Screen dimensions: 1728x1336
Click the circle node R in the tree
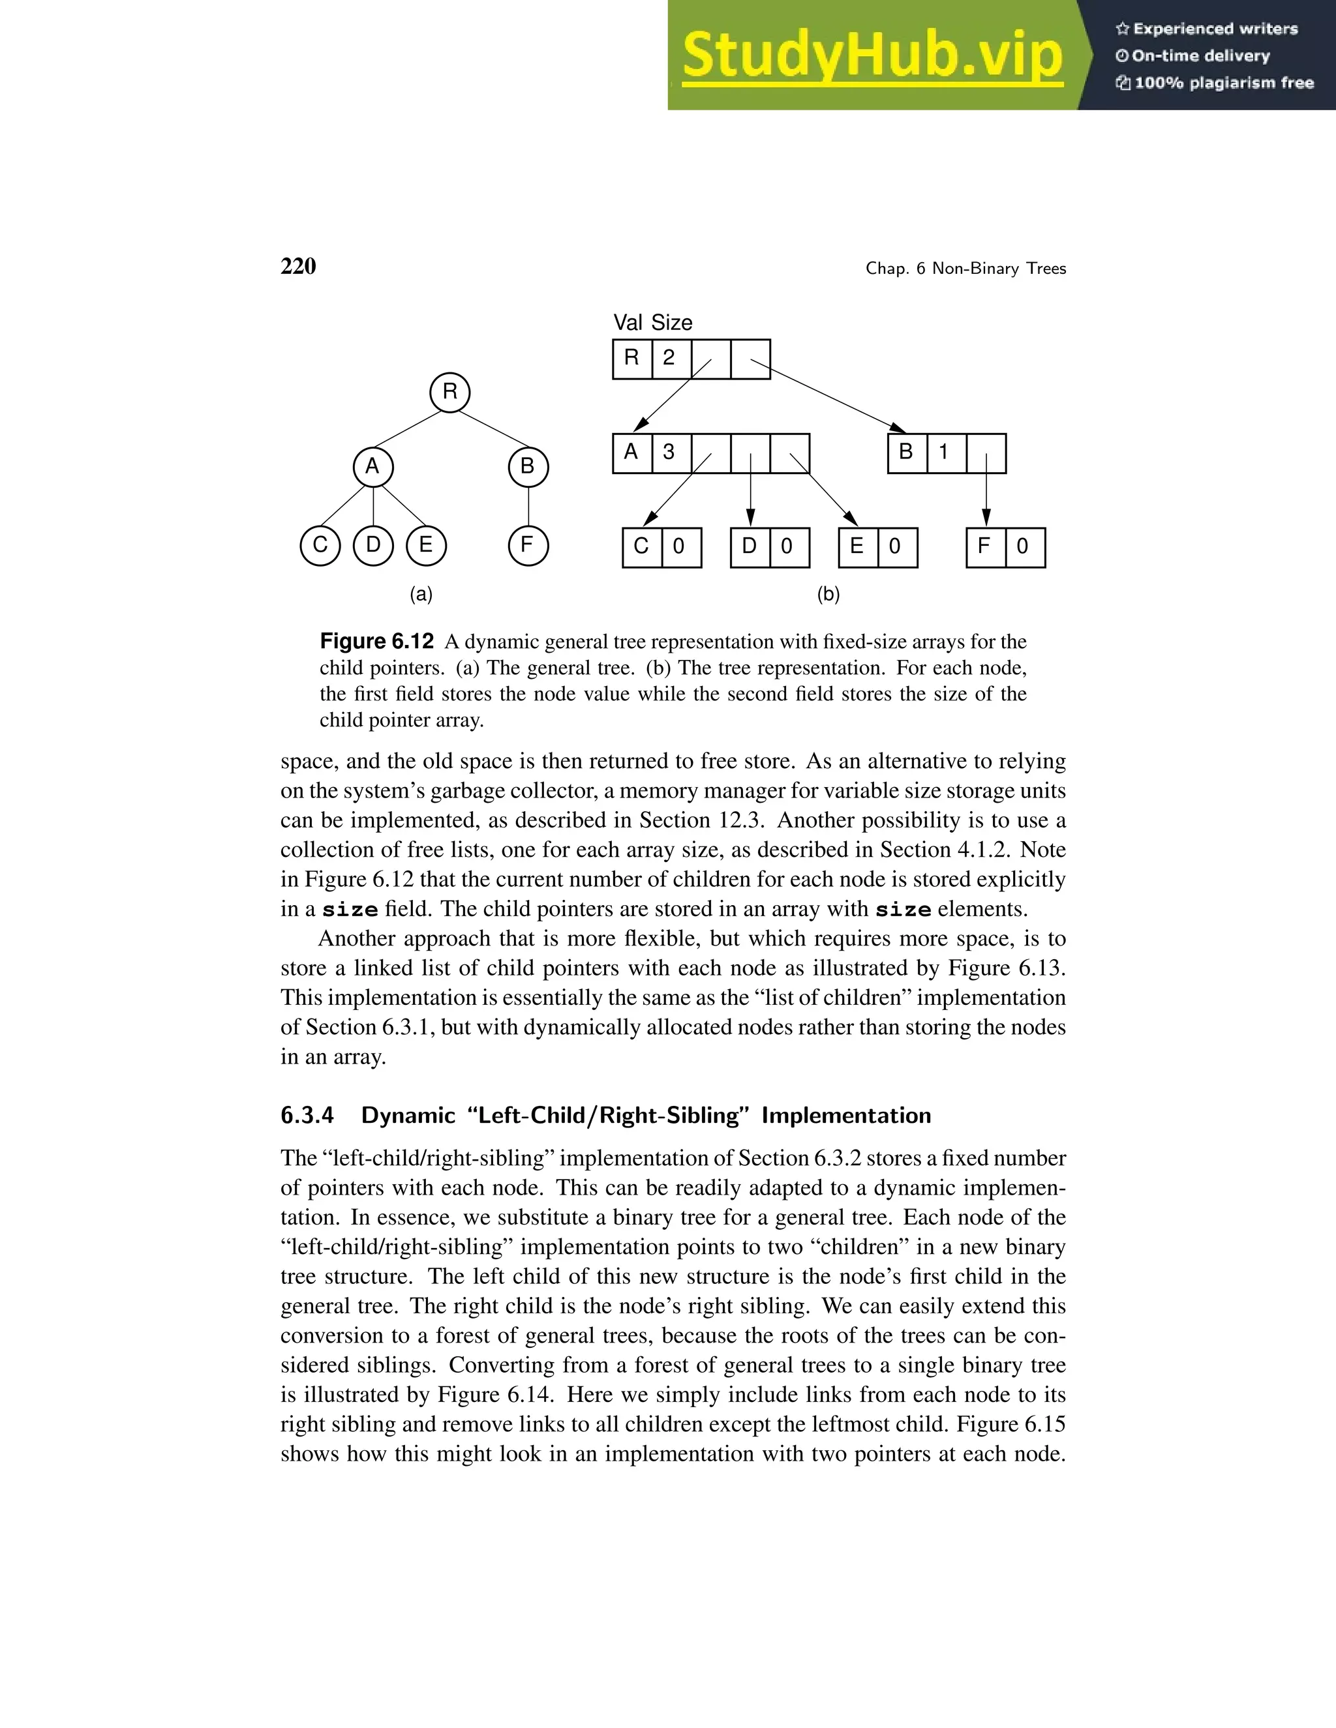pos(449,392)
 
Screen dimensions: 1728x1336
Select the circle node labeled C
pos(320,546)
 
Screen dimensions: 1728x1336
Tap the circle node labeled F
pos(528,546)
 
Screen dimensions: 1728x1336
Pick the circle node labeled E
pos(426,546)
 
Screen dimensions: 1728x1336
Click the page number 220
pos(298,267)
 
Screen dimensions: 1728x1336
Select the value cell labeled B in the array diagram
pos(907,453)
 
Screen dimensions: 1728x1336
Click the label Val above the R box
pos(628,323)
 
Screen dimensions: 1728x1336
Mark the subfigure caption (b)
pos(828,594)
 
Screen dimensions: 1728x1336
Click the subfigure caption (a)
pos(421,594)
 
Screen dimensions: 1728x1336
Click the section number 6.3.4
pos(307,1116)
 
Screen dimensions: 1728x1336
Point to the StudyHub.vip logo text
pos(872,55)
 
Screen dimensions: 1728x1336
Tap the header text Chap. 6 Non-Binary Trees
pos(965,269)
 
